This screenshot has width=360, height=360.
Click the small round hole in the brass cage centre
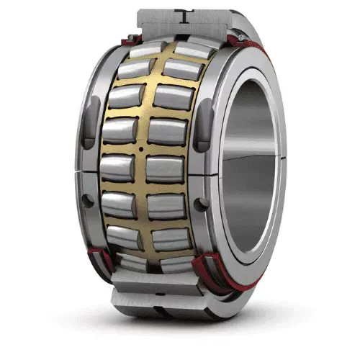tap(141, 149)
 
